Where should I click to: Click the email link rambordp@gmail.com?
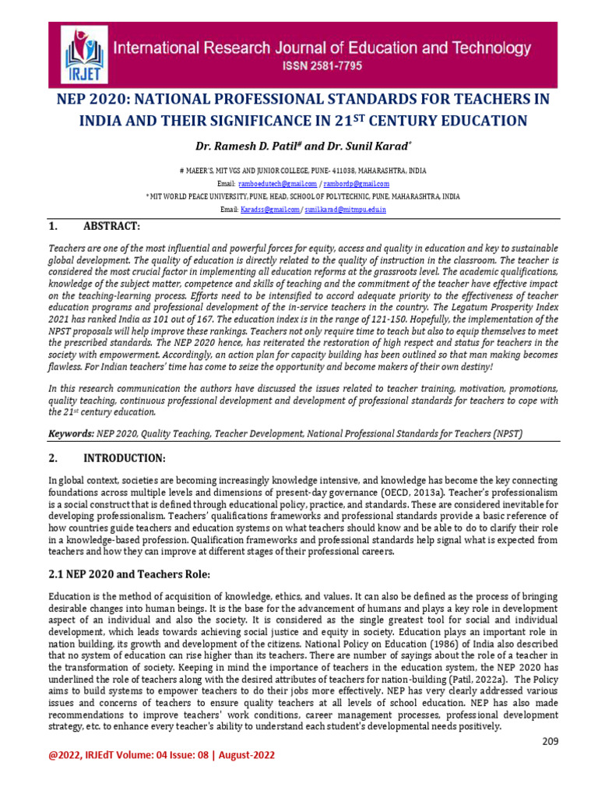pyautogui.click(x=357, y=183)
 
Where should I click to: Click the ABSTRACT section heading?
pyautogui.click(x=111, y=226)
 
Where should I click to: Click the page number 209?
pyautogui.click(x=551, y=740)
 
